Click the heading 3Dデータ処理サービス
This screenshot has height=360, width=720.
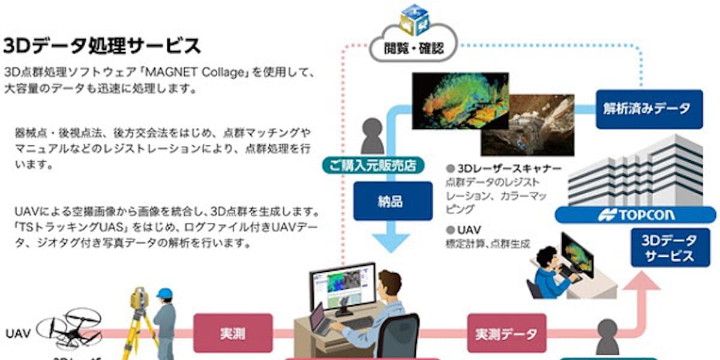(x=102, y=46)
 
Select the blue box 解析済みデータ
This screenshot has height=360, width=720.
(x=649, y=109)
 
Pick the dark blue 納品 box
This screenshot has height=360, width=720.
(x=393, y=201)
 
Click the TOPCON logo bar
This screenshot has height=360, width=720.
(x=636, y=214)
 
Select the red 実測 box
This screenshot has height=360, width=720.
(x=232, y=333)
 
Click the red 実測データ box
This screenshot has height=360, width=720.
(x=506, y=333)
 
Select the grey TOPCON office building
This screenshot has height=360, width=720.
(x=639, y=171)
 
